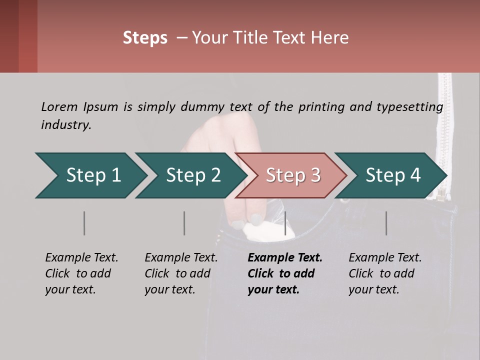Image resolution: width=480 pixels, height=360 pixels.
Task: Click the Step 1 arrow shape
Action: [x=90, y=175]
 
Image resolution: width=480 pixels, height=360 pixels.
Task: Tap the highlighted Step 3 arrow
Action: [x=292, y=175]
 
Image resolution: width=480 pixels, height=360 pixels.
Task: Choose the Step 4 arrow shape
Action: [x=392, y=175]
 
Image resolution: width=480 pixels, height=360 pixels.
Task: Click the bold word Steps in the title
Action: [x=145, y=38]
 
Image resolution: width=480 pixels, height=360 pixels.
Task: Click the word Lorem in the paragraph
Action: [x=59, y=107]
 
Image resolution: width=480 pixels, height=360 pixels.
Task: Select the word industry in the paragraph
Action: [x=66, y=125]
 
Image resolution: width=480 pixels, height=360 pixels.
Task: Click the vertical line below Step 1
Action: [x=84, y=223]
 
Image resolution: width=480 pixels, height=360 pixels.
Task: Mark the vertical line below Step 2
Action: [x=184, y=223]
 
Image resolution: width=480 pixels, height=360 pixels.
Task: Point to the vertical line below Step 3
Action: [x=285, y=223]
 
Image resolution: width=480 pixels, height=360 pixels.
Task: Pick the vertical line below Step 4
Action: [x=386, y=223]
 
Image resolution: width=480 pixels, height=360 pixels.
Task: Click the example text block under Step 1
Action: [x=81, y=273]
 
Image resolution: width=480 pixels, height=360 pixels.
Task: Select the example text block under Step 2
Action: [x=180, y=273]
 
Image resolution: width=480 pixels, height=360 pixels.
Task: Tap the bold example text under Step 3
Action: [x=284, y=273]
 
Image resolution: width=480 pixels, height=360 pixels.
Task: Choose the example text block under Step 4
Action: [x=384, y=273]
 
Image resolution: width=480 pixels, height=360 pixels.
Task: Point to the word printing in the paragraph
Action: [x=322, y=107]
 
